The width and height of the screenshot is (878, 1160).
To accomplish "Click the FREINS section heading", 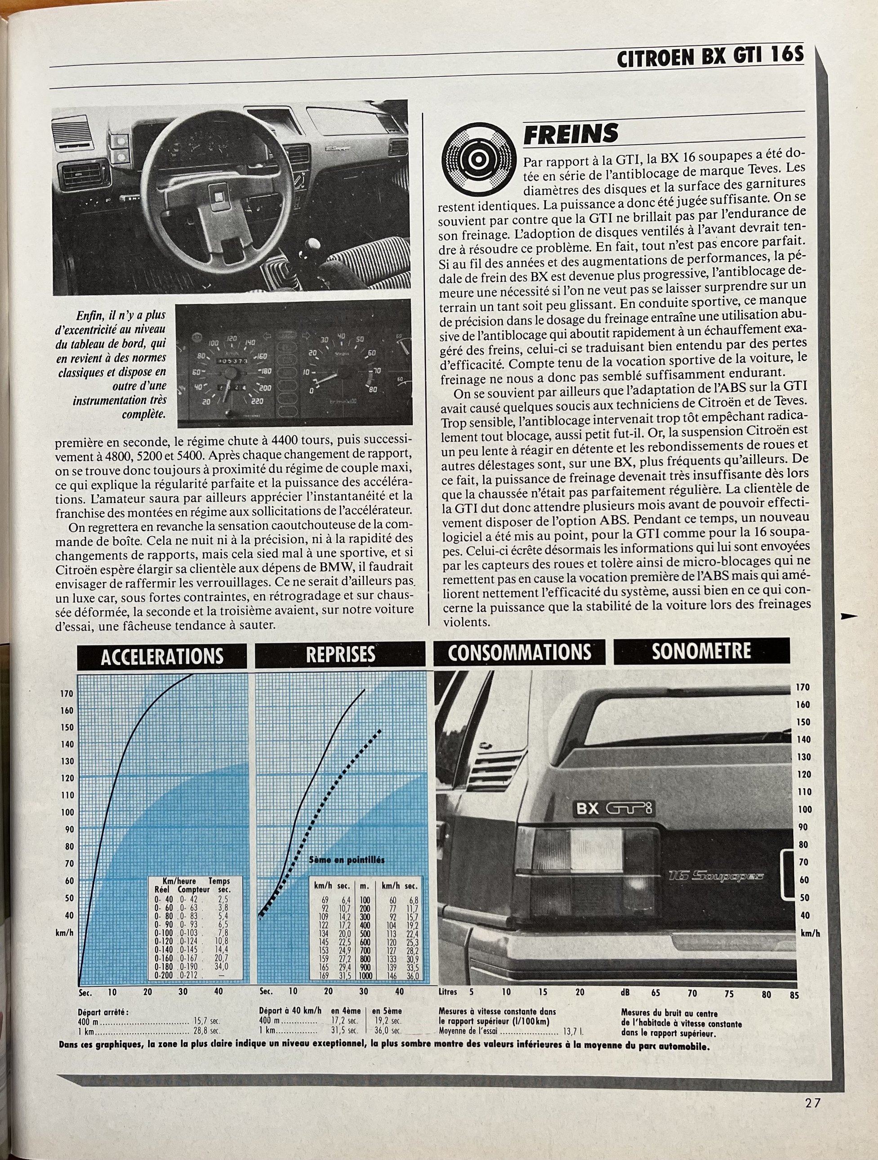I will pos(570,134).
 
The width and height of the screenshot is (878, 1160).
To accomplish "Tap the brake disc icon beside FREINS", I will pos(478,158).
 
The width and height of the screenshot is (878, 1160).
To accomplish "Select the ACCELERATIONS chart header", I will pos(161,656).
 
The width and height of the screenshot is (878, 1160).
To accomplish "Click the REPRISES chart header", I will pos(340,654).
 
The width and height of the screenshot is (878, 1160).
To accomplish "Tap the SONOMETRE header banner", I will pos(701,651).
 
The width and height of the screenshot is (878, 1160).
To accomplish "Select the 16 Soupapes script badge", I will pos(716,875).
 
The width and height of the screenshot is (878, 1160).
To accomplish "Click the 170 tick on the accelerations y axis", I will pos(67,694).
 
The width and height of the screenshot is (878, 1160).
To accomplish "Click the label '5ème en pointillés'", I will pos(347,861).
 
